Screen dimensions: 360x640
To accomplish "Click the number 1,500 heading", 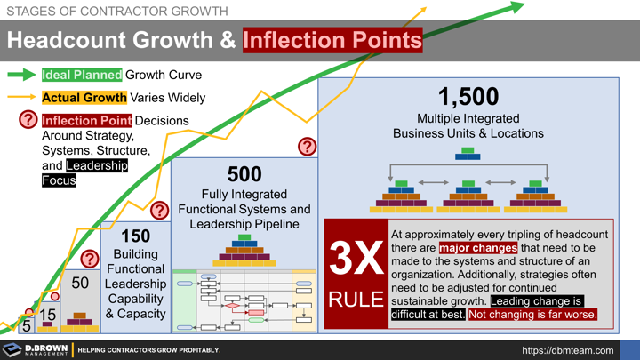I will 468,96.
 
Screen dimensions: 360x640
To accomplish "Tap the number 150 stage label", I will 135,236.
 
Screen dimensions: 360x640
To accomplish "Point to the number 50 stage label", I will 80,283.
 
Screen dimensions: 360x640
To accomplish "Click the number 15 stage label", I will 47,314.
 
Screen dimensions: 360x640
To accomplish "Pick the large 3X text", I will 356,257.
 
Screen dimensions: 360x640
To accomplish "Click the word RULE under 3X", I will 356,300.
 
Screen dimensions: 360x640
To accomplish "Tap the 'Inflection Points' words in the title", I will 332,40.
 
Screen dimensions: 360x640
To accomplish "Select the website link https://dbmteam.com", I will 567,350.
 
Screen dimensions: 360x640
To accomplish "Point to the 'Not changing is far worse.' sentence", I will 532,314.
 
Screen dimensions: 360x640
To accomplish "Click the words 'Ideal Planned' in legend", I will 82,76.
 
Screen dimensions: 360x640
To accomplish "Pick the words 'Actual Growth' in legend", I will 84,98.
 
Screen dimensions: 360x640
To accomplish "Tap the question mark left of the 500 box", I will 159,210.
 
